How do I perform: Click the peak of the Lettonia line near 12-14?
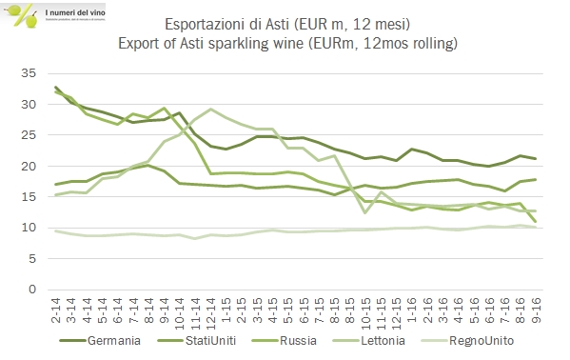[210, 109]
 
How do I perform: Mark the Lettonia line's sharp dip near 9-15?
[365, 212]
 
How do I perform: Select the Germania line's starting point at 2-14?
[56, 88]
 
